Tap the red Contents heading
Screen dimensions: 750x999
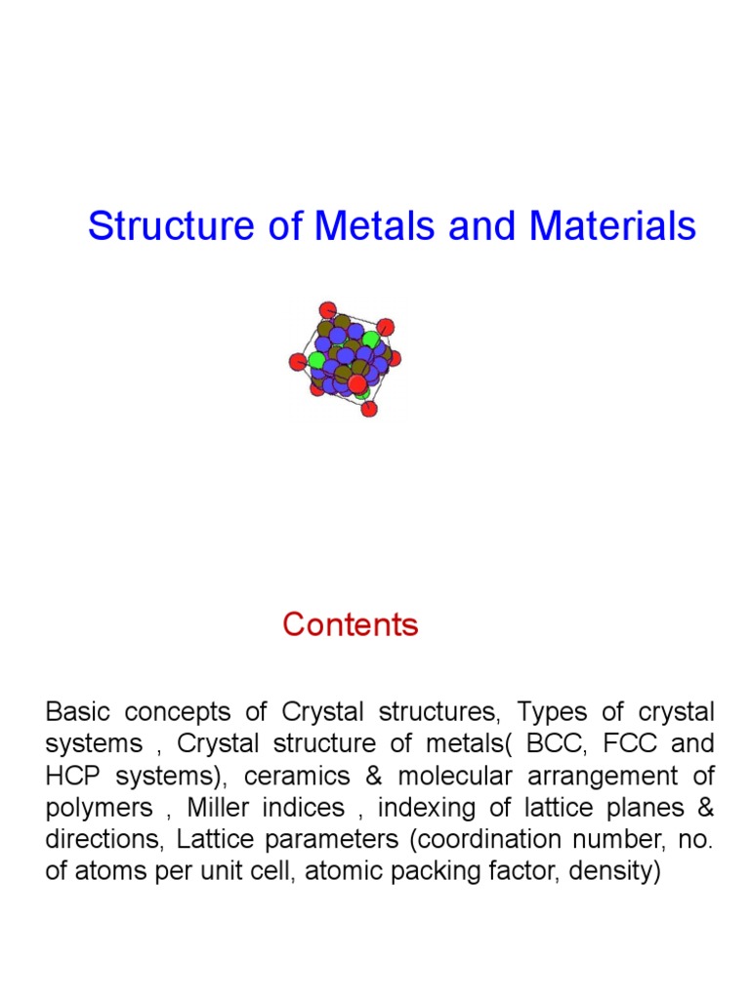(x=351, y=624)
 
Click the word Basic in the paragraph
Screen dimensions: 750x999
(x=78, y=711)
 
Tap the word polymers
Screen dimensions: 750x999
(x=99, y=808)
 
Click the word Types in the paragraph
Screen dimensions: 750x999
(x=553, y=711)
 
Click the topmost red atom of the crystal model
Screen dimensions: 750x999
(x=328, y=310)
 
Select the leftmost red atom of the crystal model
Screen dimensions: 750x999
(x=298, y=362)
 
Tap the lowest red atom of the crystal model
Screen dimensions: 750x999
(x=369, y=409)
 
